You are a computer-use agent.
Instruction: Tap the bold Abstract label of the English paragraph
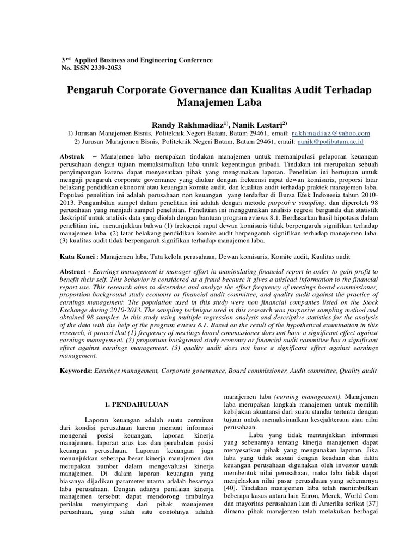click(73, 271)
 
